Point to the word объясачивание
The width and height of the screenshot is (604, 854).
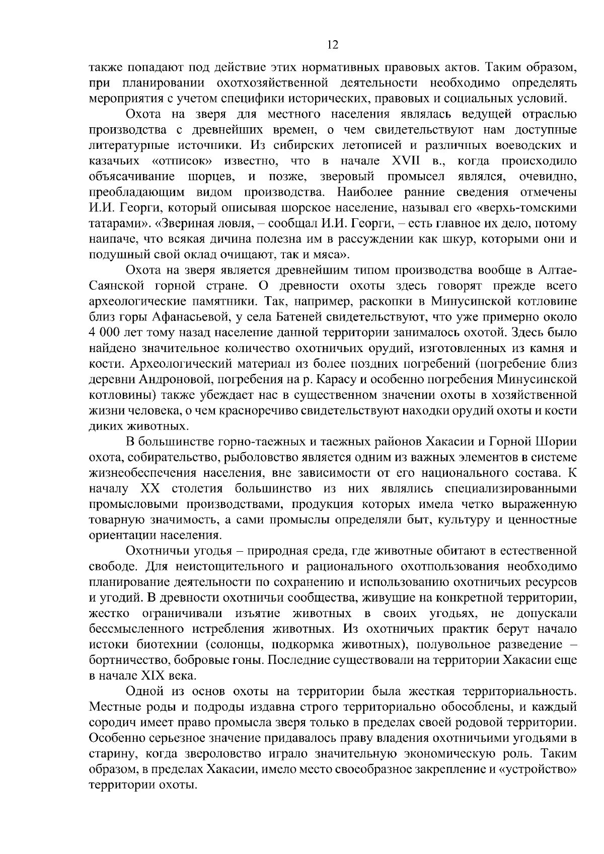(132, 177)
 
